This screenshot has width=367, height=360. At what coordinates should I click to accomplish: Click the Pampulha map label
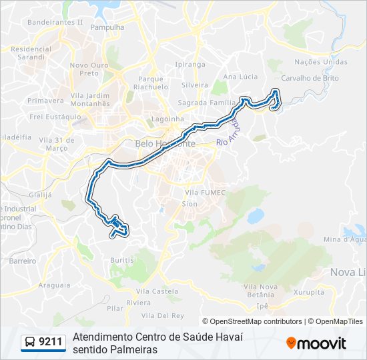107,28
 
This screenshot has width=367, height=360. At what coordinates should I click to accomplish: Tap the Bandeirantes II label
55,21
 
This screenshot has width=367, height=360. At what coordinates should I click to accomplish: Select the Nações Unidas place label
321,62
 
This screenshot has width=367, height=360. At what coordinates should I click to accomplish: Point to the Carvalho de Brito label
310,78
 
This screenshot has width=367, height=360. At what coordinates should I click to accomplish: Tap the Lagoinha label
167,119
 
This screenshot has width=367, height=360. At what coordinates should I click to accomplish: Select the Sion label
190,204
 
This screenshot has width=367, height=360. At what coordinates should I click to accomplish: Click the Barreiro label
23,261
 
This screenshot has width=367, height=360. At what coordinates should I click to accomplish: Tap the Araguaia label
55,285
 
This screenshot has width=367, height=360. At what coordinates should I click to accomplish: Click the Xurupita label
308,292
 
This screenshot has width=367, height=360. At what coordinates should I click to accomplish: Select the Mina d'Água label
345,239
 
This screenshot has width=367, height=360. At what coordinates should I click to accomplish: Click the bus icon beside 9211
30,343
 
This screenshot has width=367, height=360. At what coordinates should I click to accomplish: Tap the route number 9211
51,343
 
